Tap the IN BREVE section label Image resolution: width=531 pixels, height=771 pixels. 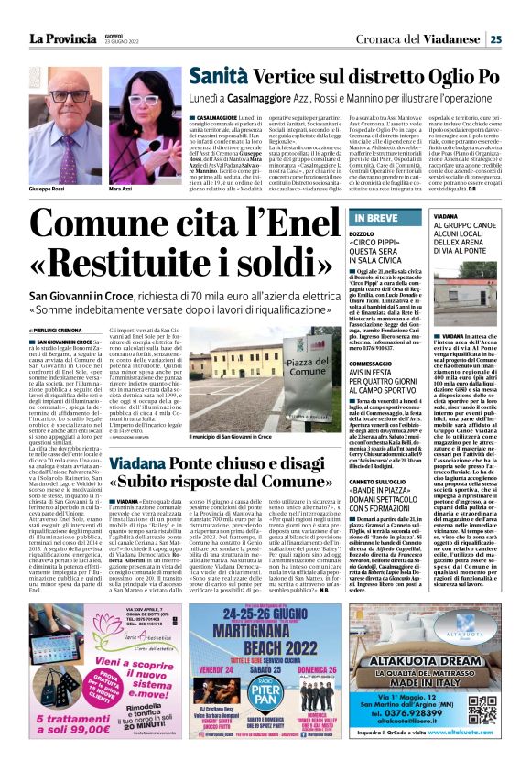click(x=375, y=218)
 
